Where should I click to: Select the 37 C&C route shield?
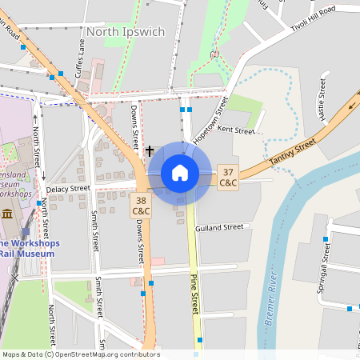point(229,178)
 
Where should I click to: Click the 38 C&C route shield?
point(142,206)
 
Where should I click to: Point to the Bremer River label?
point(271,305)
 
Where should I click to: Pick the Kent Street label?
point(235,130)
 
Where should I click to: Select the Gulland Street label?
point(222,227)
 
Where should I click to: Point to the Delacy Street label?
point(68,189)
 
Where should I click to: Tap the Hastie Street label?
point(322,99)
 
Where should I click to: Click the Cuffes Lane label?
point(80,60)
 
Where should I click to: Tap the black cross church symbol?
point(150,150)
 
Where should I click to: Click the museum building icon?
point(7,214)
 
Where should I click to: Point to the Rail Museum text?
point(27,254)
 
